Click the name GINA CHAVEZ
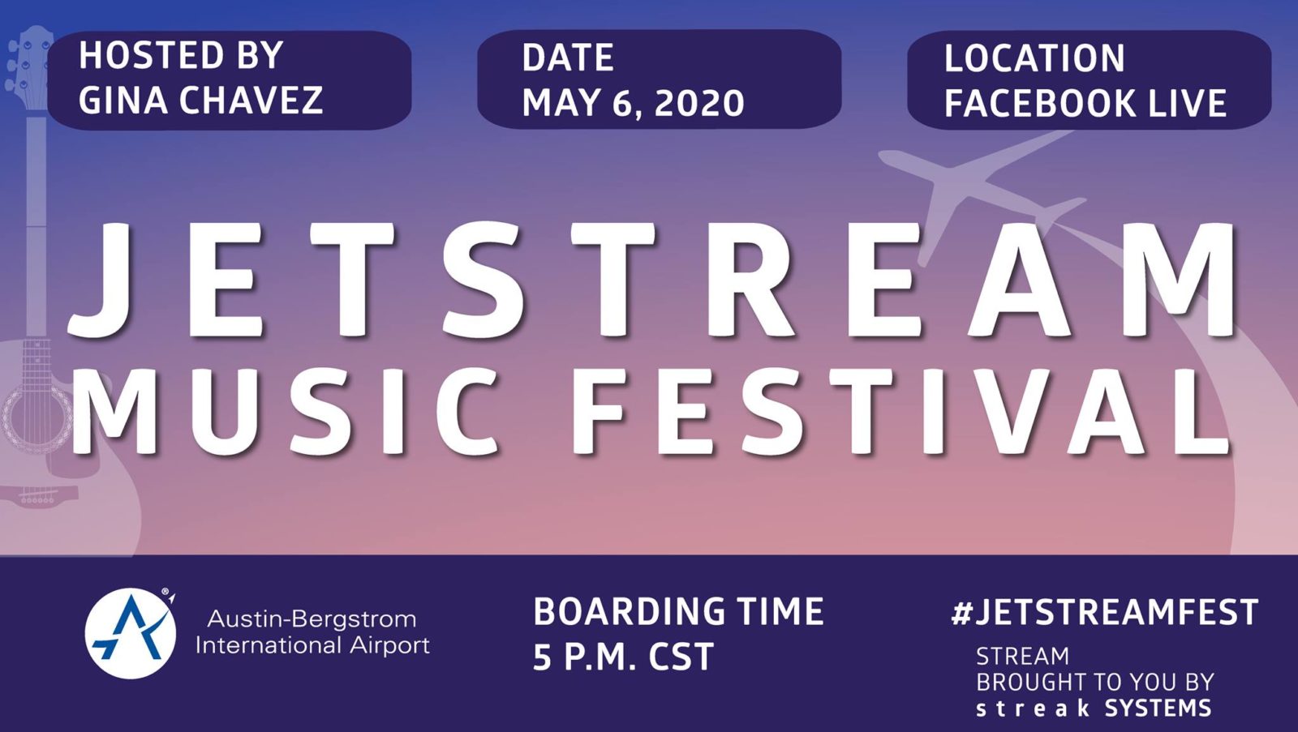coord(200,101)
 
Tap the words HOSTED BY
coord(181,56)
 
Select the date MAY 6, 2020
coord(633,103)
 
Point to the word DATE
coord(568,58)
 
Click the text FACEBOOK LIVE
coord(1085,103)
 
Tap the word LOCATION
coord(1035,58)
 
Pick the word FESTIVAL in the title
coord(900,410)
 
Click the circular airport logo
coord(131,633)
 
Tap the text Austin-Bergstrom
coord(312,619)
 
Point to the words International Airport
coord(313,645)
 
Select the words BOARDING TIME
coord(678,611)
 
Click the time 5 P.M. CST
coord(623,657)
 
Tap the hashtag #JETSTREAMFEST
coord(1104,611)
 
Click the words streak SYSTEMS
coord(1094,708)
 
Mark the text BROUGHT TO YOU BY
coord(1094,683)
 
